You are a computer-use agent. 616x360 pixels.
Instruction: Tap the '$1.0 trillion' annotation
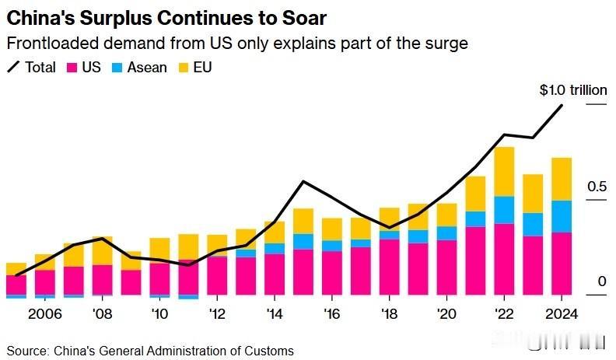coord(573,90)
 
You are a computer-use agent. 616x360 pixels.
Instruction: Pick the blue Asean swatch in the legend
coord(116,67)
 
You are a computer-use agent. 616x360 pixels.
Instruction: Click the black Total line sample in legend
coord(13,67)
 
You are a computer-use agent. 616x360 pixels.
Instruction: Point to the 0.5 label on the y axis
coord(597,187)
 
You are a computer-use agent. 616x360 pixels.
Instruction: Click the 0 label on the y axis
coord(601,281)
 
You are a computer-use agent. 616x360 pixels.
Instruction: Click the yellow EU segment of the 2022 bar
coord(504,171)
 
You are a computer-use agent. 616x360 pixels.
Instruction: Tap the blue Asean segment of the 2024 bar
coord(562,216)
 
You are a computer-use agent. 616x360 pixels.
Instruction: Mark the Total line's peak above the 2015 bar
coord(303,181)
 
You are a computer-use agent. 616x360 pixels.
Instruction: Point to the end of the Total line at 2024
coord(562,105)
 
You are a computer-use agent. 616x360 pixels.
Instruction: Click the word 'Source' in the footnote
coord(26,351)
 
